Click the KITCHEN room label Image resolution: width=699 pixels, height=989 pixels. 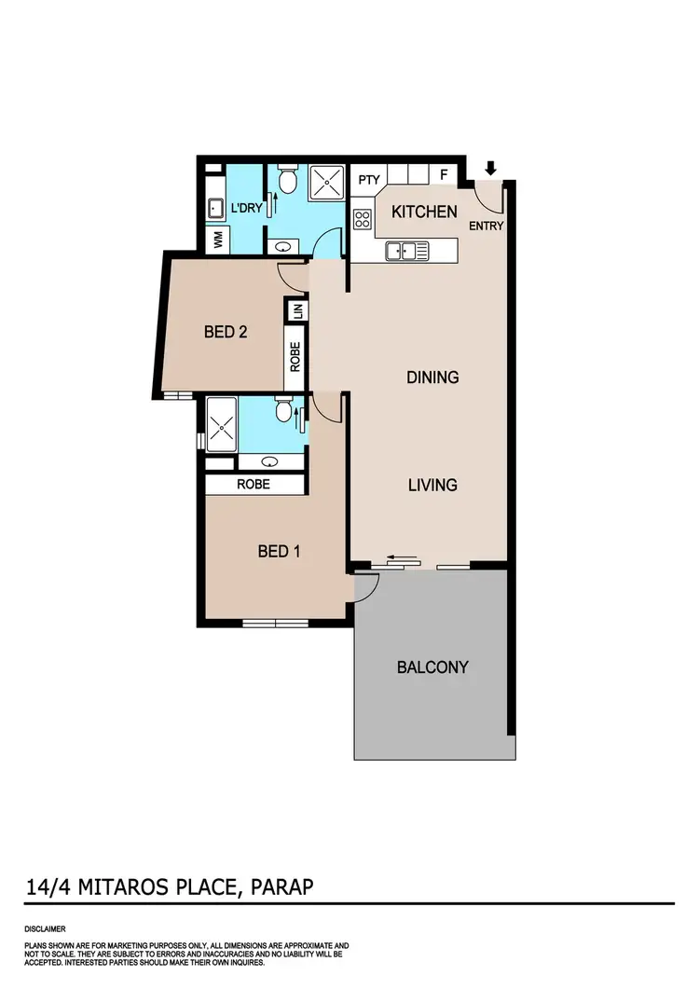pos(424,213)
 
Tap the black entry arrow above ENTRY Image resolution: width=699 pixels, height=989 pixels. pos(491,169)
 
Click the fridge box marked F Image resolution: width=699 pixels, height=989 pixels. pos(444,175)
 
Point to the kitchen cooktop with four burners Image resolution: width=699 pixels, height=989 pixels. pos(363,220)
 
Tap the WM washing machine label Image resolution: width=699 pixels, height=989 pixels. pos(218,239)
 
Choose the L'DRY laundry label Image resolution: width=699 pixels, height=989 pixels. pos(245,207)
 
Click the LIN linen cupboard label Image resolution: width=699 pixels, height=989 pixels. pos(296,311)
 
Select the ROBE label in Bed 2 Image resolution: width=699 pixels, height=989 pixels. pos(295,358)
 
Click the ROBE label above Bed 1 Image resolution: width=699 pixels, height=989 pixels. pos(254,485)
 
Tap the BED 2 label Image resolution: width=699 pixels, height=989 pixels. pos(225,331)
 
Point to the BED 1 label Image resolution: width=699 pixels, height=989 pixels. pos(279,552)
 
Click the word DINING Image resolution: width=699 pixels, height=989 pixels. pos(432,378)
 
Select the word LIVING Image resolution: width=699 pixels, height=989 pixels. pos(432,485)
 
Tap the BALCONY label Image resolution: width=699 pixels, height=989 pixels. pos(432,667)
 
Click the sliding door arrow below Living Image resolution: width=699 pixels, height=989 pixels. pos(402,558)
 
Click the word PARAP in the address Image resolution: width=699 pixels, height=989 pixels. pos(281,886)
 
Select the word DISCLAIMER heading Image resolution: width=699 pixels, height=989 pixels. pos(45,929)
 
